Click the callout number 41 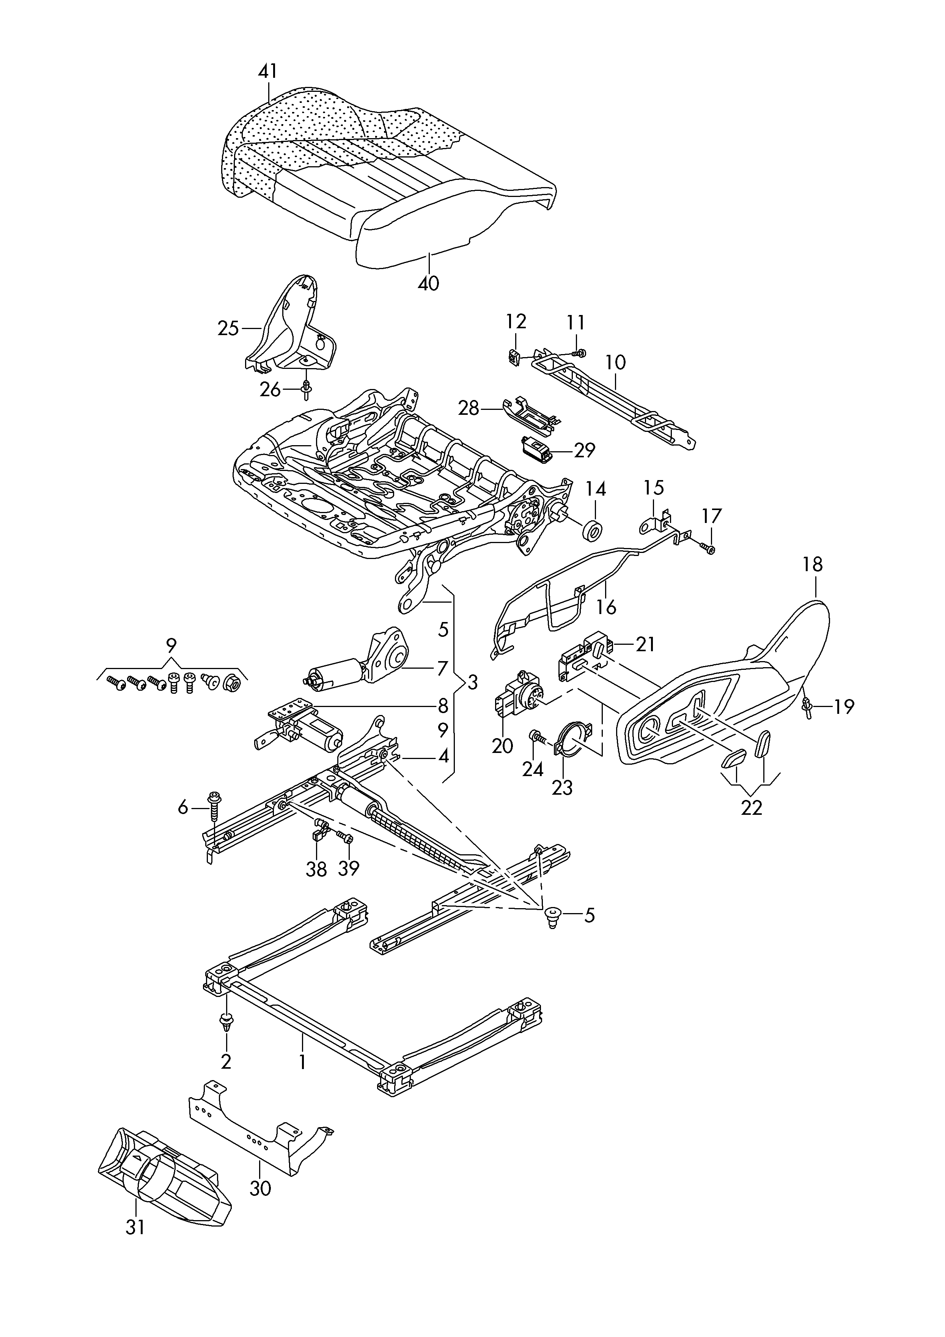(268, 72)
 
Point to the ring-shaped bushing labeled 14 (593, 532)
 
